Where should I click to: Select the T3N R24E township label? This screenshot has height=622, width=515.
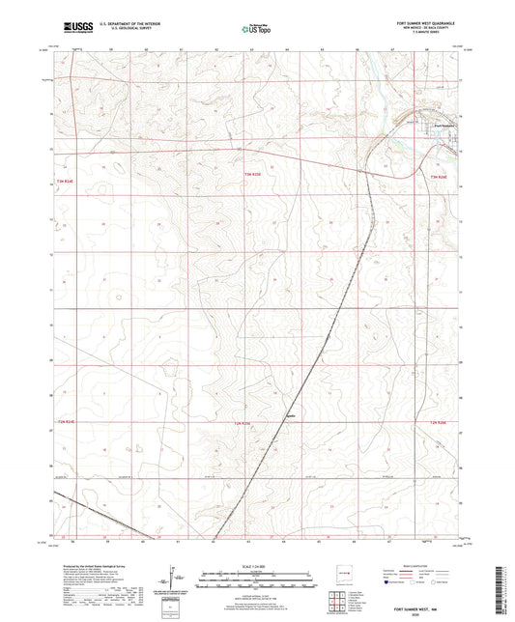tap(66, 180)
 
